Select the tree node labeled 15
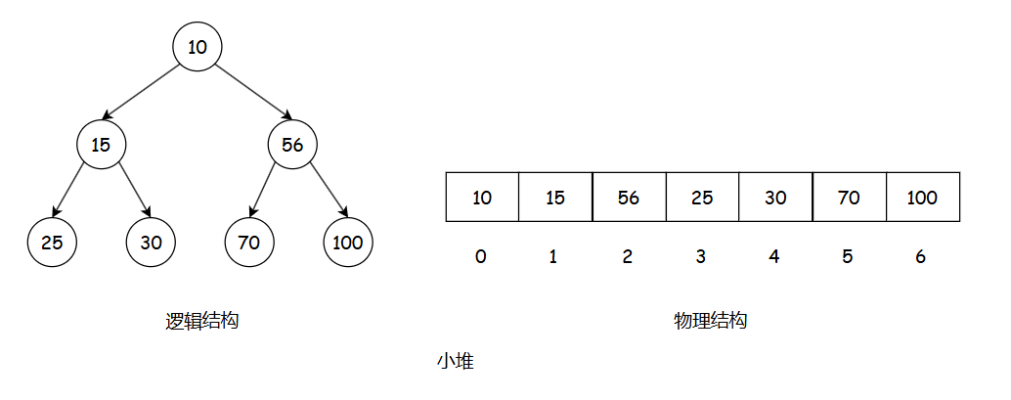point(102,145)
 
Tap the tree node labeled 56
point(292,145)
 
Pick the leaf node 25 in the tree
point(52,243)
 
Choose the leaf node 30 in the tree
point(151,243)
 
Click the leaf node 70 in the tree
point(249,243)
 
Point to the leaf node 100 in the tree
point(348,243)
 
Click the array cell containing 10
point(482,198)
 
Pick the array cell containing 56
point(629,198)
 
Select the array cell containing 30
point(775,198)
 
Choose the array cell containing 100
point(922,198)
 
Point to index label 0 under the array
point(480,257)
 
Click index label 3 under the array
point(700,257)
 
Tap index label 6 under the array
point(920,257)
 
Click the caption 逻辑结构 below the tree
point(202,321)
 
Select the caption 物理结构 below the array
point(711,321)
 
